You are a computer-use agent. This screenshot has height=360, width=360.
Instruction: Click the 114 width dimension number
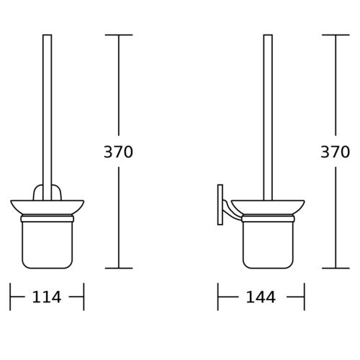pyautogui.click(x=47, y=297)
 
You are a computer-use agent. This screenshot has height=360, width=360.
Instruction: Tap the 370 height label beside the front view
pyautogui.click(x=119, y=152)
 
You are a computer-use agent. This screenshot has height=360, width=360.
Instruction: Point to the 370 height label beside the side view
pyautogui.click(x=335, y=152)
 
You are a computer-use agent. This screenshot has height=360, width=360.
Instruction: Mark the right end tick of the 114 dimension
pyautogui.click(x=84, y=296)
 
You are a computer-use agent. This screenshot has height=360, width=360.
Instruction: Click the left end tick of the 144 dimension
pyautogui.click(x=217, y=296)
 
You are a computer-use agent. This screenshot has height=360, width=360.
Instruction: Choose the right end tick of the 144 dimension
pyautogui.click(x=305, y=296)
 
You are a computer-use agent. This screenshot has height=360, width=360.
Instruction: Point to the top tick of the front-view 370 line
pyautogui.click(x=119, y=35)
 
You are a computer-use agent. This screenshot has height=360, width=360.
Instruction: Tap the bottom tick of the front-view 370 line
pyautogui.click(x=119, y=268)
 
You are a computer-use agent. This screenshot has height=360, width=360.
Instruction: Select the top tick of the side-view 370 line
pyautogui.click(x=335, y=35)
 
